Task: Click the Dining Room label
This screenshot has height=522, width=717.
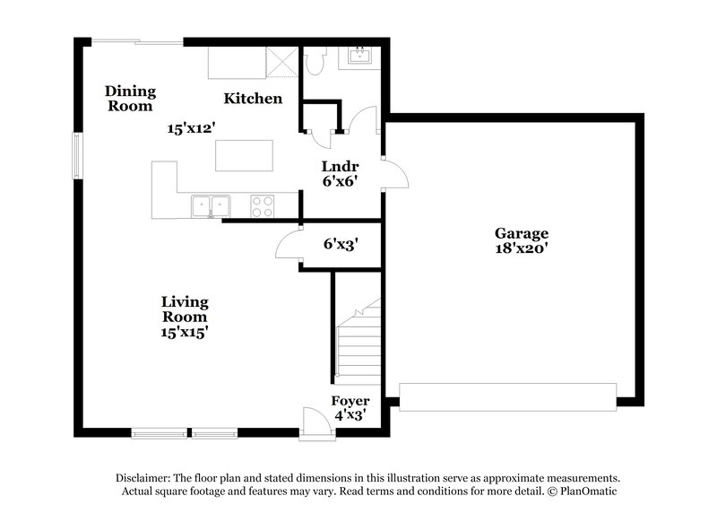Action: [x=130, y=98]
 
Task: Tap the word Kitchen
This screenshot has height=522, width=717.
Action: [x=254, y=99]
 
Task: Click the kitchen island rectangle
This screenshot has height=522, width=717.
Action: [x=243, y=155]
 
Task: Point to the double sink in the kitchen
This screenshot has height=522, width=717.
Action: [x=210, y=206]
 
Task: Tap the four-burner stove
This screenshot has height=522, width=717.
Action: [x=262, y=206]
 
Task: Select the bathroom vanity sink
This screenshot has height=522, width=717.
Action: [x=359, y=57]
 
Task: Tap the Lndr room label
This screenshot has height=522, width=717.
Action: [x=341, y=166]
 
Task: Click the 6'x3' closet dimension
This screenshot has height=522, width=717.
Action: [x=341, y=243]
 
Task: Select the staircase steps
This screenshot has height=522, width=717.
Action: [x=358, y=345]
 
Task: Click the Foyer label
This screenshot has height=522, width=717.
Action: [x=350, y=401]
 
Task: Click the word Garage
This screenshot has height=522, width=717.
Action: [x=520, y=233]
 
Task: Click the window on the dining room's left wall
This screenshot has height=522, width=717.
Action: [x=78, y=155]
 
